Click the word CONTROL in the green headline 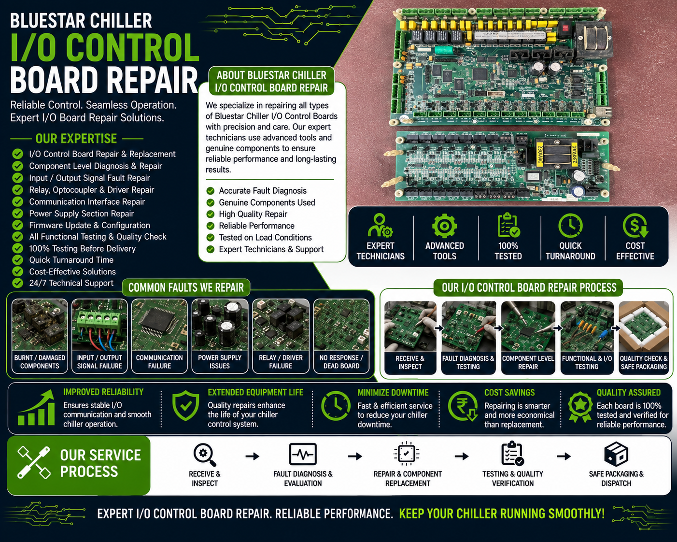click(x=132, y=47)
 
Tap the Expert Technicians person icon click(x=380, y=226)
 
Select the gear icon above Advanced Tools click(x=444, y=226)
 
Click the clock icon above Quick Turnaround click(x=570, y=226)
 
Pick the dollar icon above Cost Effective click(x=635, y=226)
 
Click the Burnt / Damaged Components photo click(x=40, y=325)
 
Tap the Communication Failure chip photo click(x=159, y=325)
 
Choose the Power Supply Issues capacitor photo click(x=220, y=325)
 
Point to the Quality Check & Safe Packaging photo click(x=644, y=327)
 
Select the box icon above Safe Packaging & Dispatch click(x=616, y=454)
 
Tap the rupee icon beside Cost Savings click(x=463, y=406)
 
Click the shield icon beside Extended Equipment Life click(x=185, y=406)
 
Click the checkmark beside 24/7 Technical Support click(x=17, y=283)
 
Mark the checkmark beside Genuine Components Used click(x=211, y=202)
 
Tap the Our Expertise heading click(x=76, y=139)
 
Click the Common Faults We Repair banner click(x=186, y=287)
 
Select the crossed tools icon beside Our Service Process click(x=34, y=462)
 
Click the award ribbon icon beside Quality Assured click(x=580, y=407)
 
